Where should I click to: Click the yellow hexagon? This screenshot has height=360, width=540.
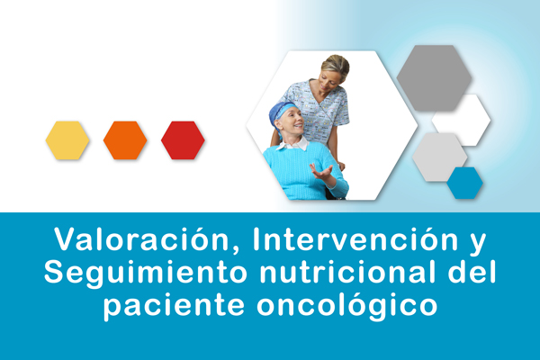[67, 140]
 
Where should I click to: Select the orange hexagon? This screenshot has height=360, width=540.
[125, 140]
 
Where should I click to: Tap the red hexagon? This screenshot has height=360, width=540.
[183, 140]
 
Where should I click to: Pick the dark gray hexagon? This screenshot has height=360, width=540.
[434, 78]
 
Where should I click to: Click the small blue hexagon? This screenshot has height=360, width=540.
[465, 183]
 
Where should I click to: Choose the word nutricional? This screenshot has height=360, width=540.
[346, 272]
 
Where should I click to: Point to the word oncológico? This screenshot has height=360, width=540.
[347, 305]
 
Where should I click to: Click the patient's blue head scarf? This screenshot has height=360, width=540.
[280, 113]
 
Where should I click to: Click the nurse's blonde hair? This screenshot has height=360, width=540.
[337, 66]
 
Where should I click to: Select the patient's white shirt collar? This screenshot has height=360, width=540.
[295, 144]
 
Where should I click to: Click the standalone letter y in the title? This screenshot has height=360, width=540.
[478, 243]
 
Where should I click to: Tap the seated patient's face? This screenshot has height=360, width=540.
[292, 121]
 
